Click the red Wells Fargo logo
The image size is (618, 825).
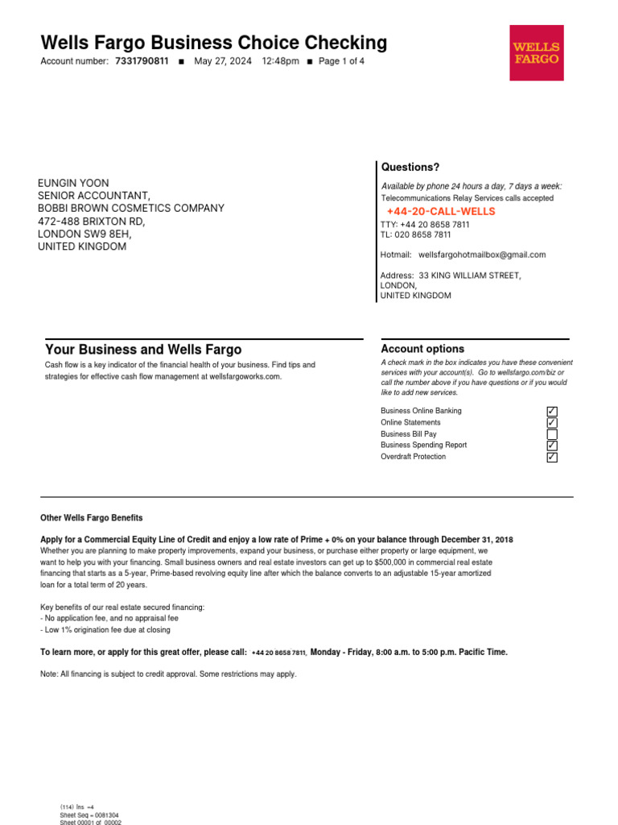tap(537, 52)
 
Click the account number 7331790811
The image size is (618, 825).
tap(142, 61)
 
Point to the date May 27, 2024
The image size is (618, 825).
tap(223, 61)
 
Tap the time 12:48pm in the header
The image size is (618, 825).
tap(280, 61)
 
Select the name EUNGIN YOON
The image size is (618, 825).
tap(73, 183)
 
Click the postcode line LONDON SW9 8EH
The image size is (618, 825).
tap(84, 234)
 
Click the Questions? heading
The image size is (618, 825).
tap(410, 167)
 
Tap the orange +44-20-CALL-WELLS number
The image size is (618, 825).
tap(441, 211)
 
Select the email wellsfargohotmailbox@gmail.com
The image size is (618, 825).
tap(482, 255)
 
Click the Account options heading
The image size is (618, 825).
tap(422, 349)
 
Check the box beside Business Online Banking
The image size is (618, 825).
tap(552, 412)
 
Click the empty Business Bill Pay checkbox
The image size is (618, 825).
tap(552, 434)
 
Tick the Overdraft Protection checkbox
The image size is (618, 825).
tap(552, 457)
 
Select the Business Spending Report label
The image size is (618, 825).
tap(423, 445)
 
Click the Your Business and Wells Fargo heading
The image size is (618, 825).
tap(143, 350)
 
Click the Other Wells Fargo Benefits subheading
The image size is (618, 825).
tap(92, 518)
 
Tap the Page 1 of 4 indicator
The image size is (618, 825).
tap(341, 61)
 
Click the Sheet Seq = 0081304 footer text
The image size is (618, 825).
tap(89, 815)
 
